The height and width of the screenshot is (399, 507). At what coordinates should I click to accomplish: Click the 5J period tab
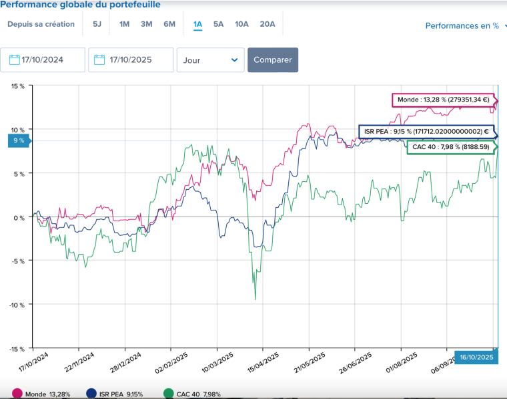tap(97, 25)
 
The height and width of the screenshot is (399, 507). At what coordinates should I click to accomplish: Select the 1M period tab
tap(124, 25)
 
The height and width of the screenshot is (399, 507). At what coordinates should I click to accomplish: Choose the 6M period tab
tap(169, 25)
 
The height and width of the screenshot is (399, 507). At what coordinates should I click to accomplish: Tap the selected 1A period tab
tap(197, 25)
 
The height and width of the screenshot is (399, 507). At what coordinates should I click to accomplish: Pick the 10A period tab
tap(241, 25)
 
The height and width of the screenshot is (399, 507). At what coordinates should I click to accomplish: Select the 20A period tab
tap(267, 25)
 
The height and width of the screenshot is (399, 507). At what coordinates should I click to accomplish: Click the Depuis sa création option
tap(41, 25)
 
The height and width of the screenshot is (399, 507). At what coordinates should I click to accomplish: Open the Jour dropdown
tap(210, 59)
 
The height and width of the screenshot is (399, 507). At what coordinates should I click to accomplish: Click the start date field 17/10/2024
tap(43, 59)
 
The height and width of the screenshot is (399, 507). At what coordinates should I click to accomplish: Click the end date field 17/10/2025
tap(131, 59)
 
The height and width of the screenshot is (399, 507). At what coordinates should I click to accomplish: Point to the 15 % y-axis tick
tap(17, 86)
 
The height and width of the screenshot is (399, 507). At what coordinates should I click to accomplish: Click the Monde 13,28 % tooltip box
tap(442, 100)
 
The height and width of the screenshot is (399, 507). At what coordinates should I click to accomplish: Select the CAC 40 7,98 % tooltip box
tap(450, 147)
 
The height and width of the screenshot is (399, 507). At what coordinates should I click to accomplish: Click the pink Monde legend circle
tap(17, 394)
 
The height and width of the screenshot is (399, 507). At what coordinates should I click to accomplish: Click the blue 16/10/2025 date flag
tap(476, 358)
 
